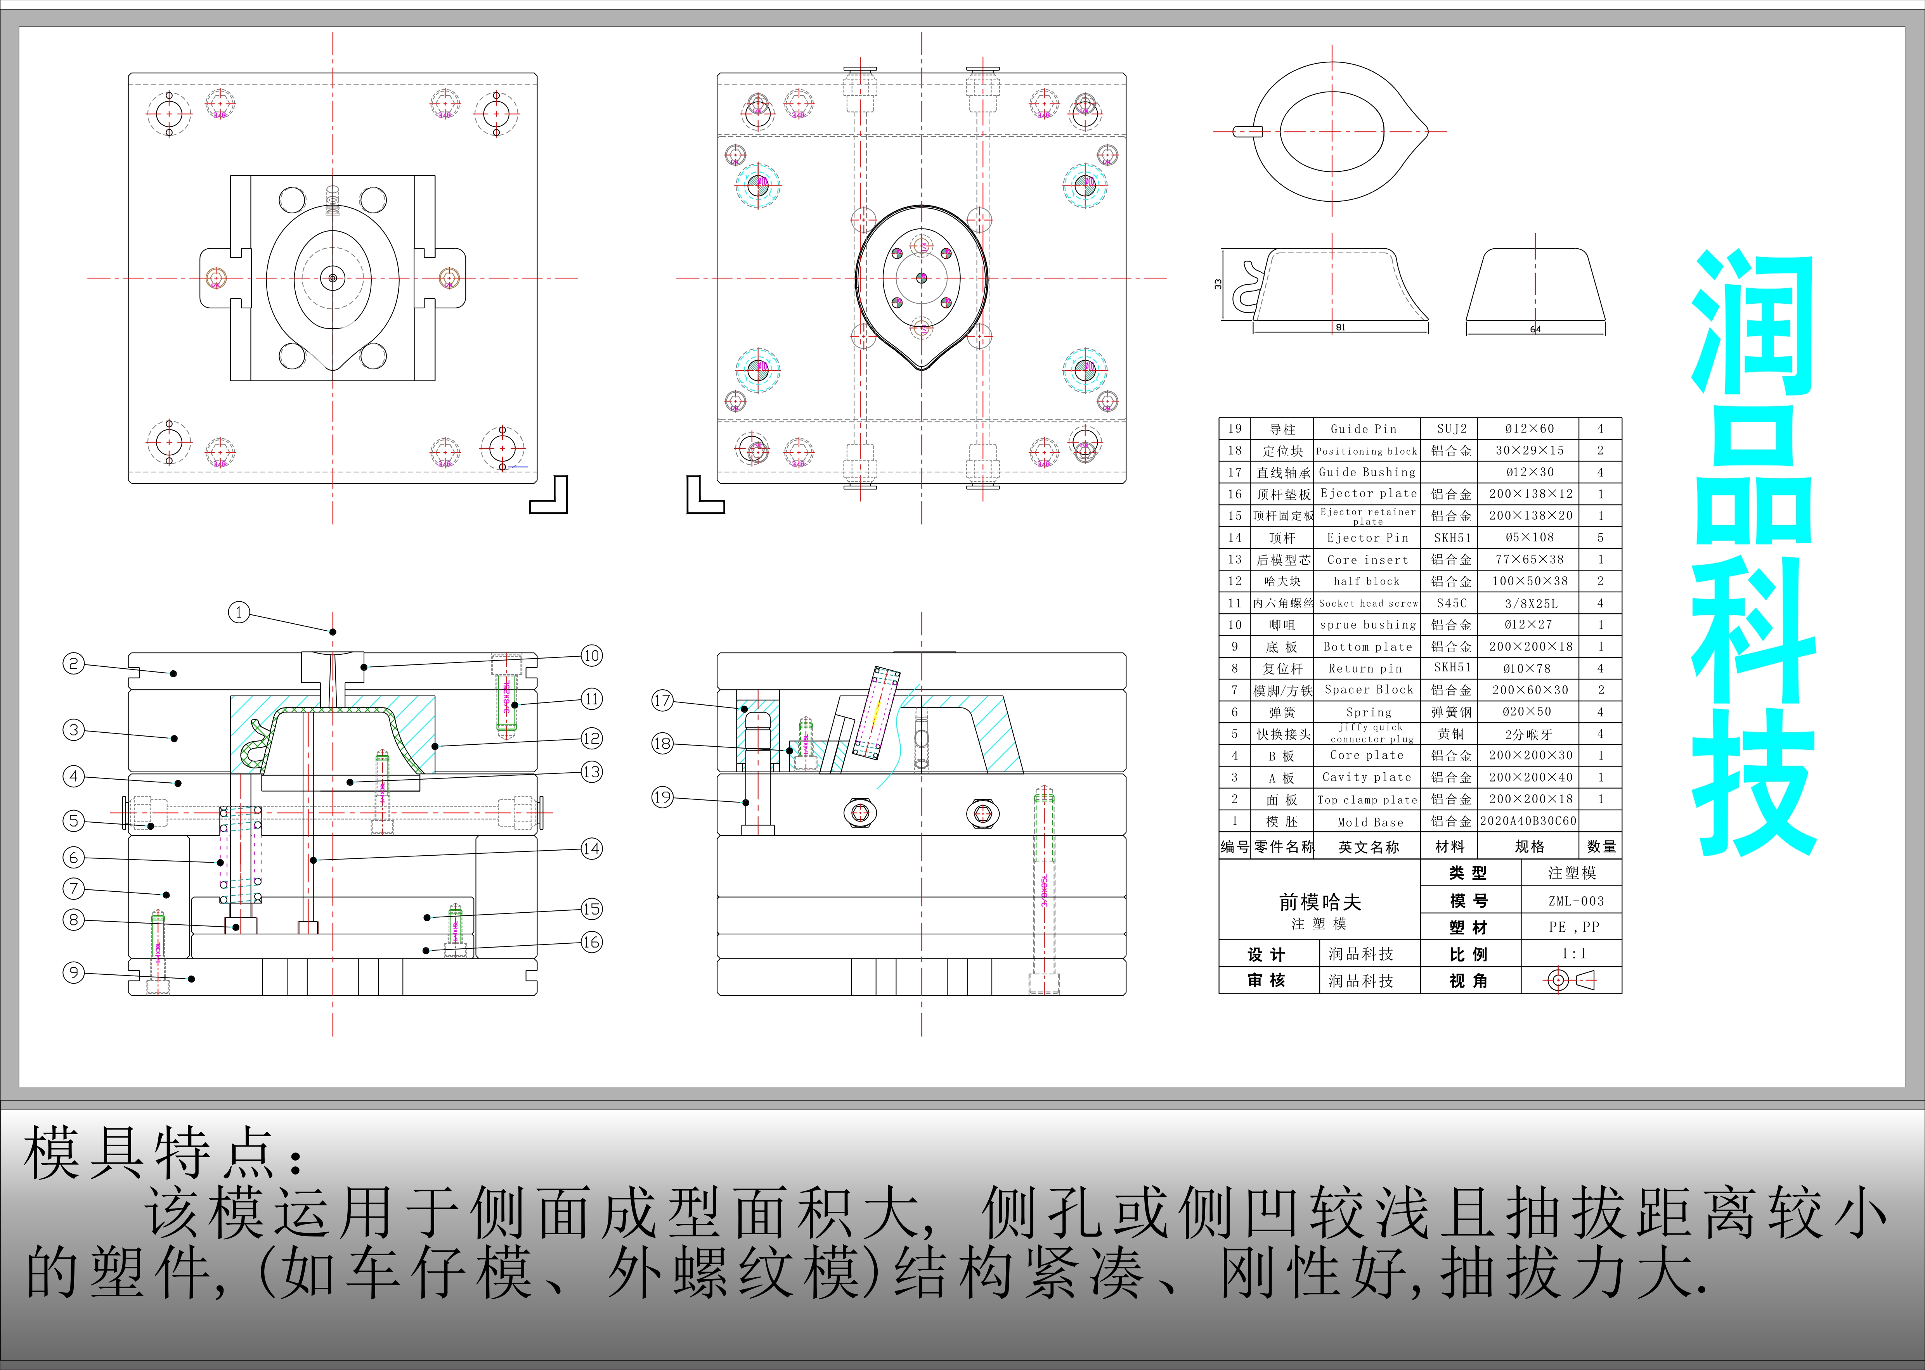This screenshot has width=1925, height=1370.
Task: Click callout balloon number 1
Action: point(239,612)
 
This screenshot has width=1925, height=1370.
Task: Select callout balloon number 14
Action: point(592,849)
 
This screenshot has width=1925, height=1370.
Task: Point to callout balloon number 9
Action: point(73,973)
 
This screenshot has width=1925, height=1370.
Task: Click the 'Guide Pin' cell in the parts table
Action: point(1364,429)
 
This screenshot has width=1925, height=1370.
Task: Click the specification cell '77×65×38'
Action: point(1529,559)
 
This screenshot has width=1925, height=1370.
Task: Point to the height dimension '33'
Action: point(1218,284)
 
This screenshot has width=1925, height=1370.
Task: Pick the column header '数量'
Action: point(1601,846)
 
